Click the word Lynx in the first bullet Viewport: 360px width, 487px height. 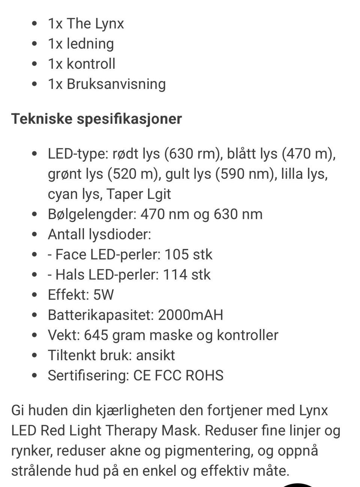(109, 24)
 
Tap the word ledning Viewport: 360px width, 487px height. (90, 44)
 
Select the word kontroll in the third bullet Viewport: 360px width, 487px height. (91, 64)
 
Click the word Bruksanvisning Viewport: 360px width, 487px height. (116, 84)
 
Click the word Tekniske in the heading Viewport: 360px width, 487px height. (42, 119)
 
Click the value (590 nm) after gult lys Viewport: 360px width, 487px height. (244, 174)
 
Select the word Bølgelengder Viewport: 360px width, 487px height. (91, 214)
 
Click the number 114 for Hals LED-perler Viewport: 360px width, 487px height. (175, 275)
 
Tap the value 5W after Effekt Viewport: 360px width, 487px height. (103, 295)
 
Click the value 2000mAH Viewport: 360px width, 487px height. (190, 315)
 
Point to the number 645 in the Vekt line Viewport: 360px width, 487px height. (96, 335)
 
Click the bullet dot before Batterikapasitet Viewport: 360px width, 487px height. (35, 315)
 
